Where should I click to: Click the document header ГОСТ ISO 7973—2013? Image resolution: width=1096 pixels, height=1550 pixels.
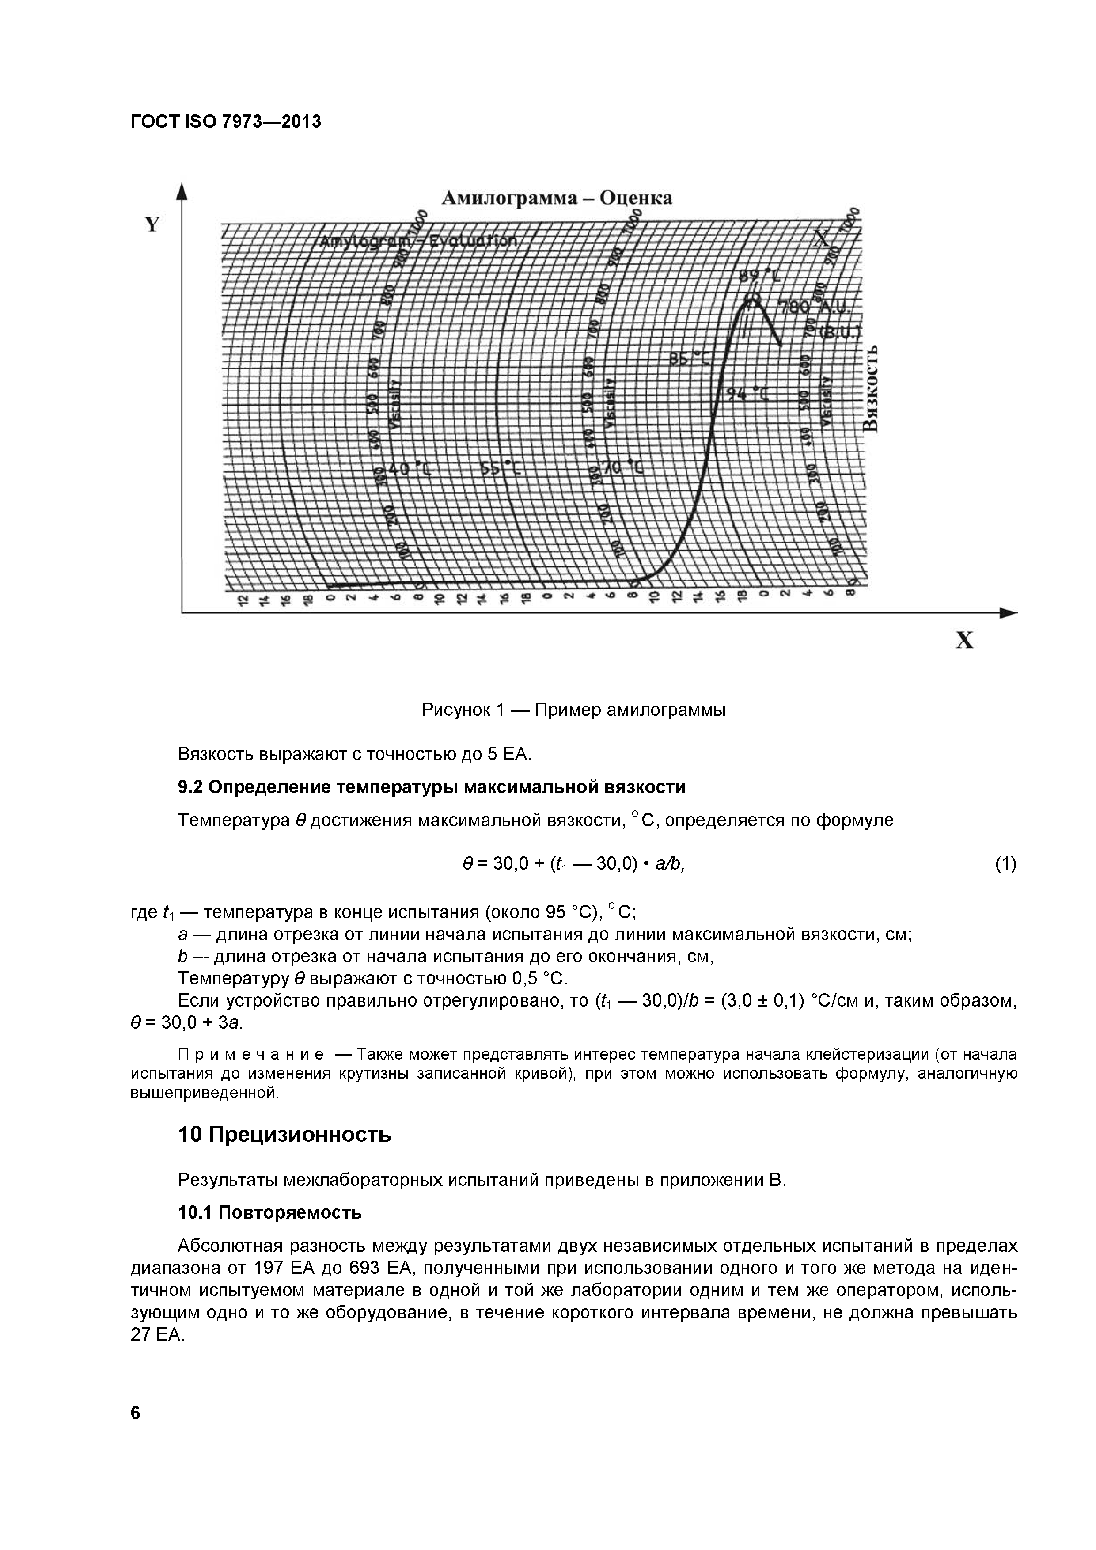click(x=225, y=122)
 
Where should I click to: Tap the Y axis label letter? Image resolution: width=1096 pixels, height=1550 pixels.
click(x=152, y=225)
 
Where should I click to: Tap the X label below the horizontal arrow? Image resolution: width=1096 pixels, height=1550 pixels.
click(x=964, y=640)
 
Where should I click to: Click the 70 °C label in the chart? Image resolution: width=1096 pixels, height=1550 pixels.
click(x=622, y=467)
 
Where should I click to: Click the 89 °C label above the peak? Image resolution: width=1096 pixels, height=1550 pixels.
click(x=757, y=276)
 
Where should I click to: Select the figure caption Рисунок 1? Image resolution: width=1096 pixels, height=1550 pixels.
click(x=573, y=710)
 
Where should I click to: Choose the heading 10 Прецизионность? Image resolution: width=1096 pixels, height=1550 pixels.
click(x=284, y=1135)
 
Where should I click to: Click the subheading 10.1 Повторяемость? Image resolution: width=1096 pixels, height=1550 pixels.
click(x=269, y=1213)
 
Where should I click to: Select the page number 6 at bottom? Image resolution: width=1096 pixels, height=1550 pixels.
click(x=136, y=1412)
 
